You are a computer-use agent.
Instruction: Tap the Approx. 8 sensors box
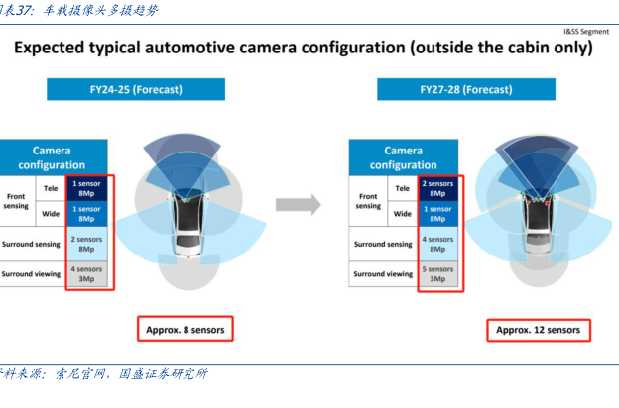point(184,329)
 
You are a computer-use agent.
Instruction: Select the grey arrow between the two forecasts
point(298,205)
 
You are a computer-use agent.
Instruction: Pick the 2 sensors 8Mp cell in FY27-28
point(437,187)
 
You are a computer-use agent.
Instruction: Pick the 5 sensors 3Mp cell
point(437,273)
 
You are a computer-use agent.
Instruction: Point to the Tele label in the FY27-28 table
point(402,187)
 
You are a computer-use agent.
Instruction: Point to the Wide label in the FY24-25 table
point(51,213)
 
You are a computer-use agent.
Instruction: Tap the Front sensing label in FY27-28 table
point(368,200)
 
